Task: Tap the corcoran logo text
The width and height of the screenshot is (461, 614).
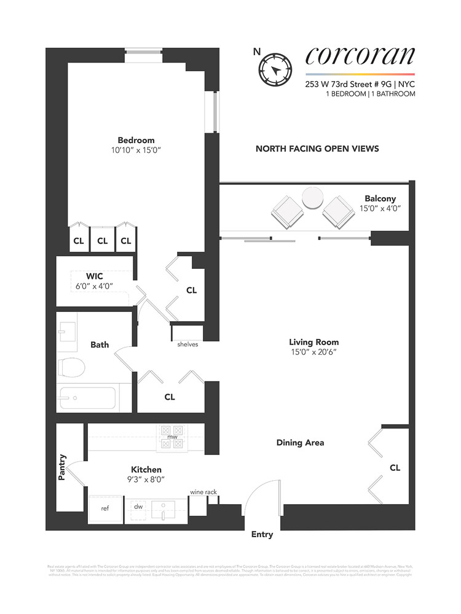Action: click(x=360, y=56)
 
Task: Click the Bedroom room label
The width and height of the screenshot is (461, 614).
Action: click(x=136, y=140)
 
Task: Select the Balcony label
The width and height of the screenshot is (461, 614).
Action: click(x=380, y=199)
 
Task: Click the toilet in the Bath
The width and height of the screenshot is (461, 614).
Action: click(x=71, y=367)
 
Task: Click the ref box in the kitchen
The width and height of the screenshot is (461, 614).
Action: click(x=104, y=508)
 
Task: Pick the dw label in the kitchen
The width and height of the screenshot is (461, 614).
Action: click(x=138, y=507)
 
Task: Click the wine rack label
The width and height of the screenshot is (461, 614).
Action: click(x=203, y=492)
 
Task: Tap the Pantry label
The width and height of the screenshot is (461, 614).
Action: click(x=62, y=467)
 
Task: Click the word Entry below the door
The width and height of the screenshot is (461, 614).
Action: click(x=262, y=535)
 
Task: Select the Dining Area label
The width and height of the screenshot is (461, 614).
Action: click(x=300, y=443)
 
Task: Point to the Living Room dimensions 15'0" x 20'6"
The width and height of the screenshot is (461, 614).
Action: click(x=314, y=352)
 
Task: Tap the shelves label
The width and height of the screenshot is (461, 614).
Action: click(x=187, y=344)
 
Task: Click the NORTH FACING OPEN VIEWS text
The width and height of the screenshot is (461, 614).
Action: click(x=317, y=149)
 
